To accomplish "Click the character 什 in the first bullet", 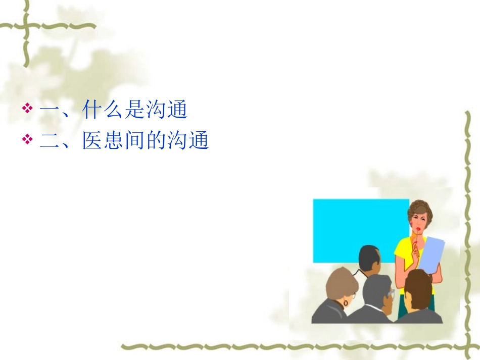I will tap(92, 110).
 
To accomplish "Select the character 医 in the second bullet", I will tap(92, 141).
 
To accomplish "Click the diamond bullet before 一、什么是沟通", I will tap(28, 108).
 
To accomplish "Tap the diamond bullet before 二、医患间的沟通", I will tap(28, 139).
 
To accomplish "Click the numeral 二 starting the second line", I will tap(50, 141).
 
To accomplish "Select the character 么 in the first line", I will tap(114, 110).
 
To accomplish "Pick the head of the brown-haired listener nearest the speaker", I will tap(419, 288).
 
